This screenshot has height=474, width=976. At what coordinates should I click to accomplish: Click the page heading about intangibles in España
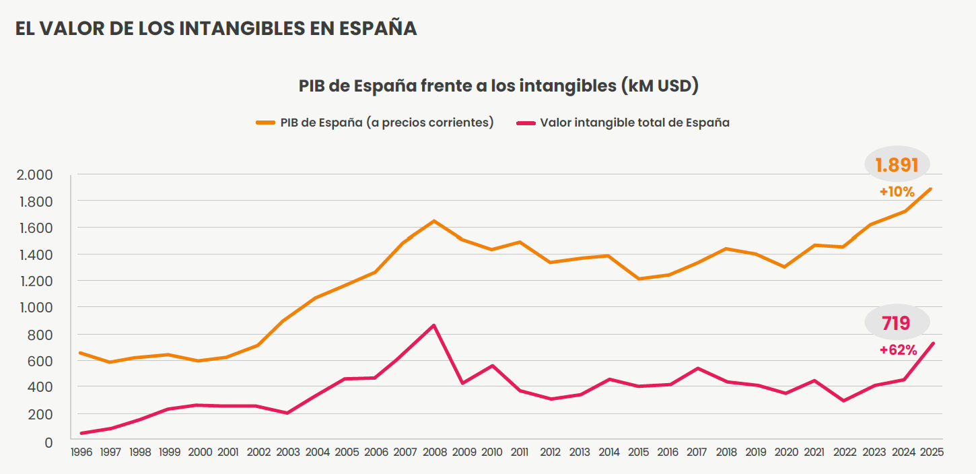[216, 28]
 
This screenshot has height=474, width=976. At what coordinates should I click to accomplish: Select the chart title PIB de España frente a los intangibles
[498, 86]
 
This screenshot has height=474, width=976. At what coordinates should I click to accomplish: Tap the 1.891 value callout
[897, 164]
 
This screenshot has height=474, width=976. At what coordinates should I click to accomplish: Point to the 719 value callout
[896, 323]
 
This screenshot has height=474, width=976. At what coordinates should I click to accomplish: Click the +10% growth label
[897, 192]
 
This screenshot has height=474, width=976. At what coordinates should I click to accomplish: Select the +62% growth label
[898, 350]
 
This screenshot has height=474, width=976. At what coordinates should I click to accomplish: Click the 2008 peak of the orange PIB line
[434, 221]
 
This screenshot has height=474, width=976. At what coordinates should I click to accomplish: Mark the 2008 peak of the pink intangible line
[434, 326]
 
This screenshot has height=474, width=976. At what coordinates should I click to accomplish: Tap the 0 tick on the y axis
[48, 442]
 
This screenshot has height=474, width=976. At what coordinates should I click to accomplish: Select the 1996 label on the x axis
[81, 452]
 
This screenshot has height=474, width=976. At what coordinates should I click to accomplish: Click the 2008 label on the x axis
[434, 452]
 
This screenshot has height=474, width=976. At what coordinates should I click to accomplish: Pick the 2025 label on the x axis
[932, 452]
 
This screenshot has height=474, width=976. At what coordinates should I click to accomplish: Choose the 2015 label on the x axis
[638, 452]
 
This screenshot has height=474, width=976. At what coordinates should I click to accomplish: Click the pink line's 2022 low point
[844, 401]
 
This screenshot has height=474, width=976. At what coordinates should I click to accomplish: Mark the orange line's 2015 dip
[638, 279]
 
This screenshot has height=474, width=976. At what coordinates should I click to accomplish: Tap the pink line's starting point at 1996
[81, 433]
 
